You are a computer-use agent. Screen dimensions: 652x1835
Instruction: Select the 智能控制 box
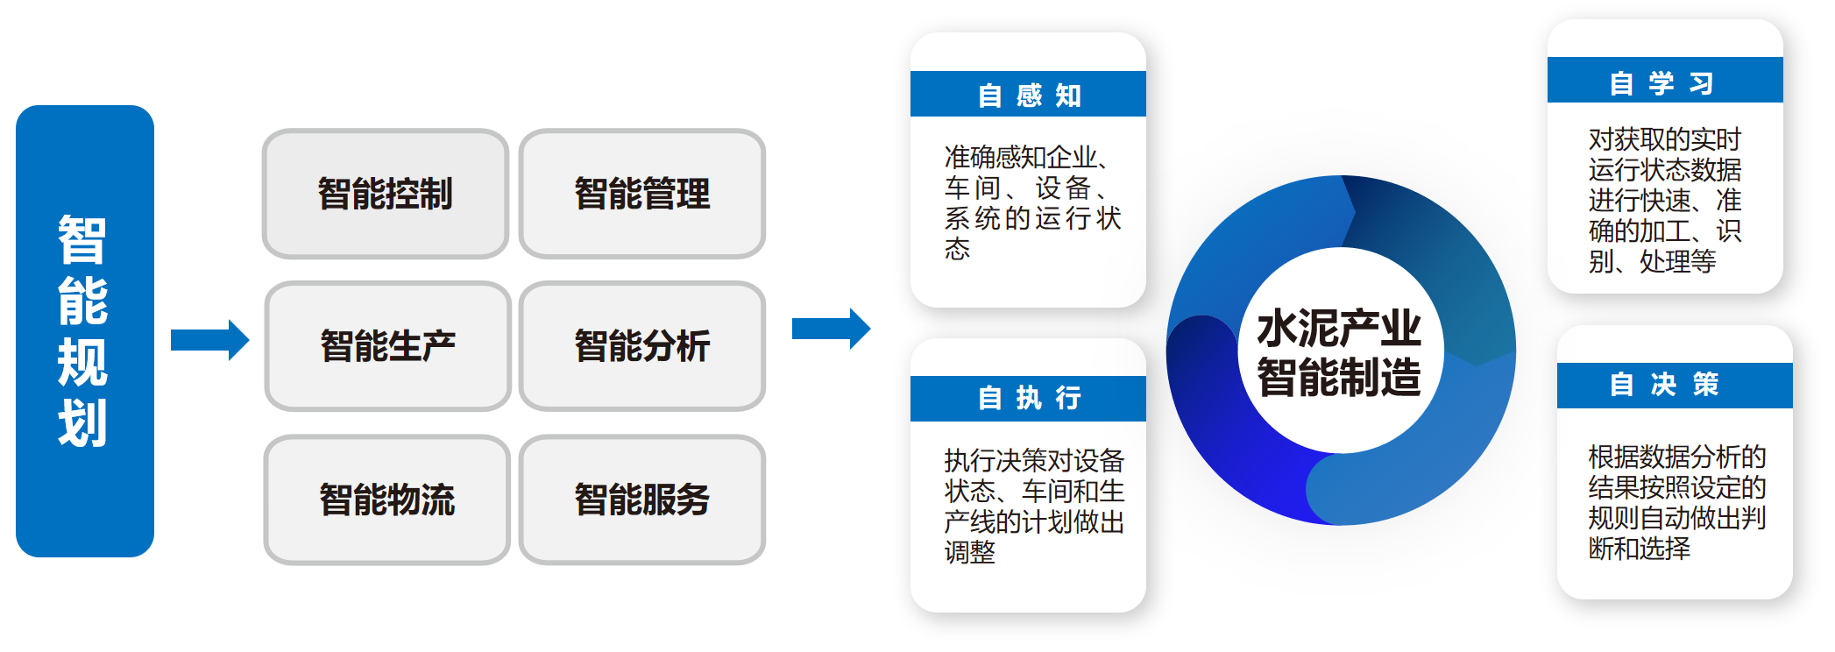click(386, 194)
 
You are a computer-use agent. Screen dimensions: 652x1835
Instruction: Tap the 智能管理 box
click(641, 194)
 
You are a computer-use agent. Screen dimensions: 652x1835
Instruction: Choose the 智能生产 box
click(387, 346)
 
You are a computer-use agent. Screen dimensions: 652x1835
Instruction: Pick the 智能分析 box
click(641, 346)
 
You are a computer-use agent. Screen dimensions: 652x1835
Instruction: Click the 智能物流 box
click(386, 500)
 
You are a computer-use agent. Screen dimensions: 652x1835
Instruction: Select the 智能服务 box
click(641, 500)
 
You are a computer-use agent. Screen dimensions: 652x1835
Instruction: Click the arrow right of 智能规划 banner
click(209, 339)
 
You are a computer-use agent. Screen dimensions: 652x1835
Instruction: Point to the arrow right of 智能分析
click(830, 329)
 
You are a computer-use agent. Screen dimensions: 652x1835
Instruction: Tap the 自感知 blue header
click(1028, 95)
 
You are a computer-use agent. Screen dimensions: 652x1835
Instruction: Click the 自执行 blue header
click(1028, 399)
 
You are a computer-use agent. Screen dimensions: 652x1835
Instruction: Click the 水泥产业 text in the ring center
click(1338, 328)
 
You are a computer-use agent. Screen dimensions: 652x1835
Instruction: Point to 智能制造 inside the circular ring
click(1338, 378)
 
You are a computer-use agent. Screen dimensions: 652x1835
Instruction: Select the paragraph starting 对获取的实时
click(1664, 200)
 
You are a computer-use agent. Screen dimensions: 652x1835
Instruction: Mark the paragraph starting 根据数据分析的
click(1676, 502)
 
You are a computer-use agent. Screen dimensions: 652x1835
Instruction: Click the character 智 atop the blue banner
click(82, 240)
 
